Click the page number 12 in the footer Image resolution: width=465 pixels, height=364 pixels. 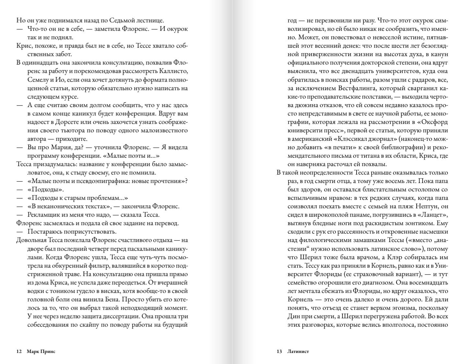pyautogui.click(x=19, y=351)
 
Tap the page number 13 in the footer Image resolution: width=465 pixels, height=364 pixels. pyautogui.click(x=279, y=351)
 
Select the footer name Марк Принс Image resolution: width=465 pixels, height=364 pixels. pyautogui.click(x=41, y=351)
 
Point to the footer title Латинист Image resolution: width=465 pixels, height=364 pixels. pyautogui.click(x=298, y=351)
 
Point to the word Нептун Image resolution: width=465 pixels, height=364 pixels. pyautogui.click(x=429, y=206)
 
